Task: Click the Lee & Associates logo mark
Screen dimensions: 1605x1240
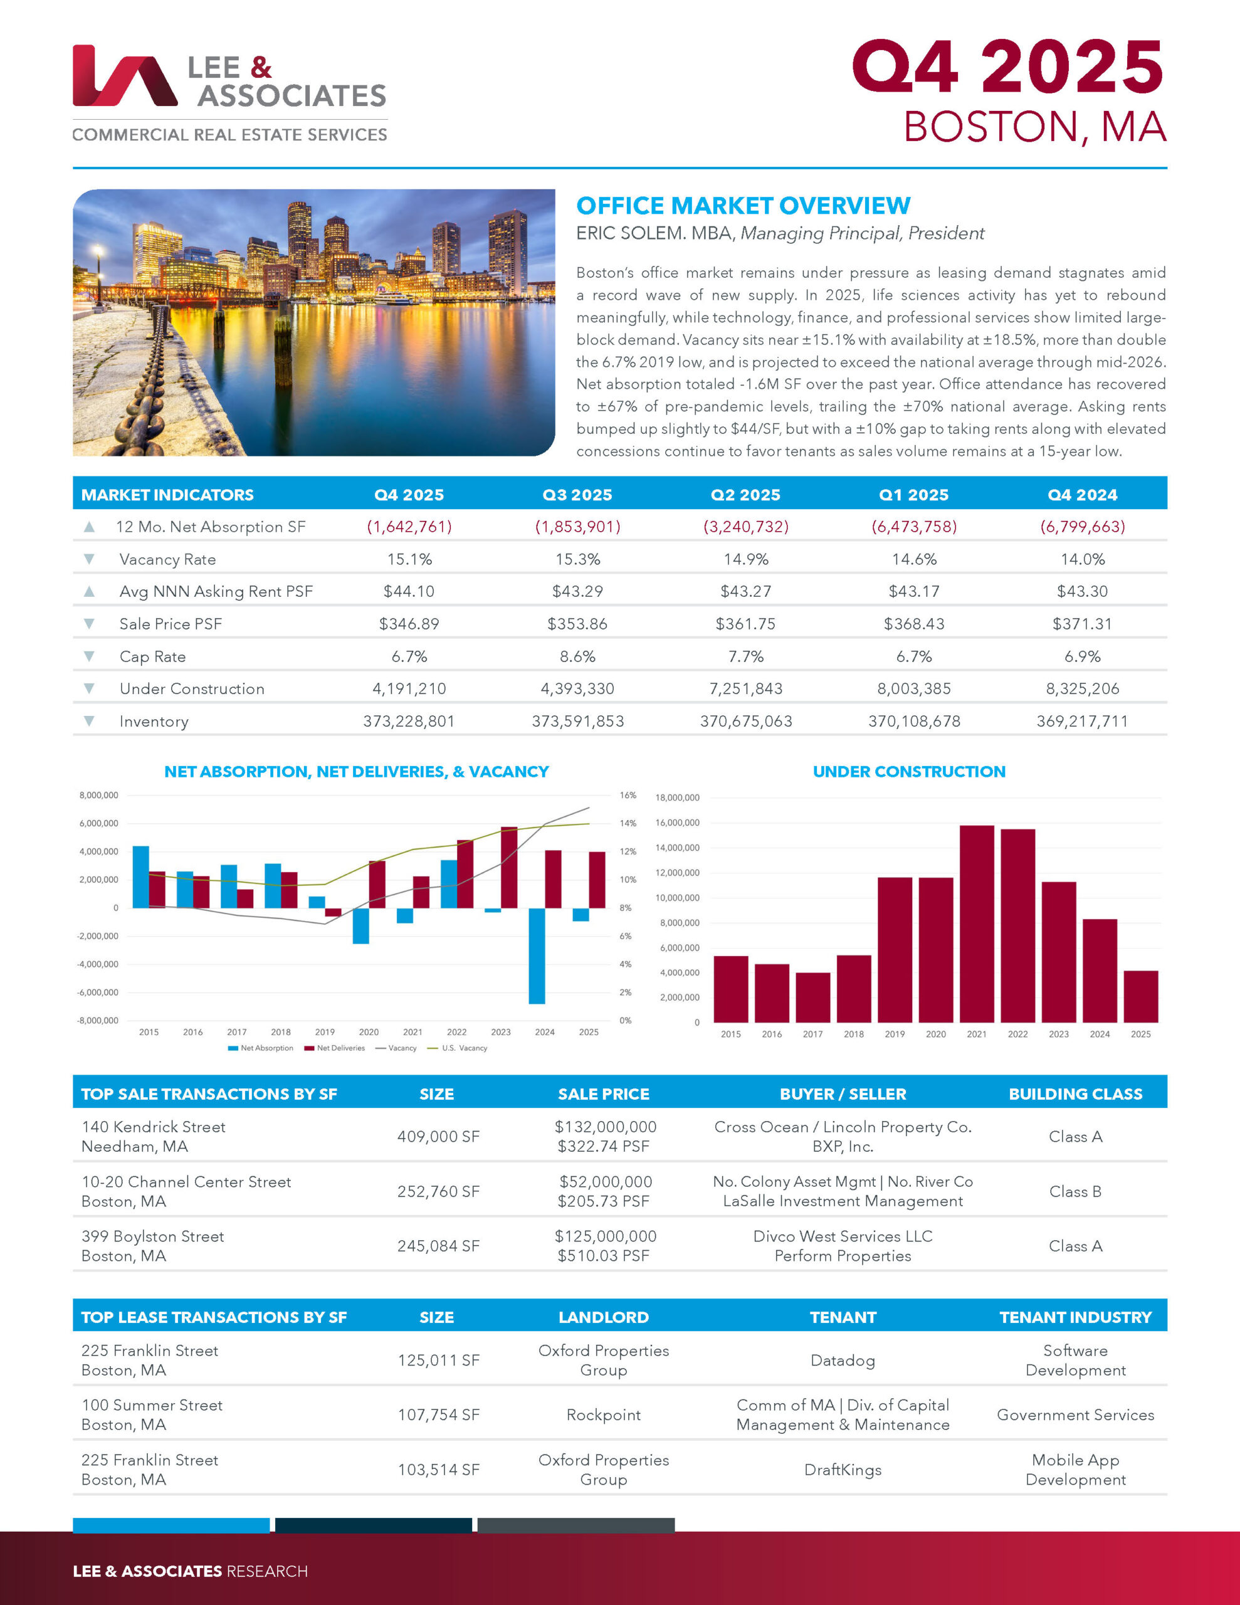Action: [123, 76]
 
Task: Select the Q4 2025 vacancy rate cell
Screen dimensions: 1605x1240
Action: [409, 559]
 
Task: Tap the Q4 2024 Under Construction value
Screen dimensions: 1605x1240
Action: [1082, 688]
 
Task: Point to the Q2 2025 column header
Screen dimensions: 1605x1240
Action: [745, 495]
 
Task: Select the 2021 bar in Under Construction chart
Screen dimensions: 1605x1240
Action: [976, 923]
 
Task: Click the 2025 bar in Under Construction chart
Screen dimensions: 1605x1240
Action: [1140, 996]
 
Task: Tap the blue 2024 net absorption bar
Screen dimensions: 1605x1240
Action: [537, 955]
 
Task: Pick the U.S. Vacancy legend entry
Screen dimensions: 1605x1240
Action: [464, 1048]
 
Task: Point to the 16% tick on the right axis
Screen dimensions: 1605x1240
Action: [627, 795]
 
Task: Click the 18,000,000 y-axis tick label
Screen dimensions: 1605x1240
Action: [677, 797]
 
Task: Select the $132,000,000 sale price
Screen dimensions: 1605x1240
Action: [605, 1127]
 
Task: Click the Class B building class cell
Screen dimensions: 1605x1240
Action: [1074, 1191]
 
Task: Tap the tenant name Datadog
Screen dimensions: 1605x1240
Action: [843, 1360]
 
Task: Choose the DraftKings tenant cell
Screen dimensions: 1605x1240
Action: [843, 1470]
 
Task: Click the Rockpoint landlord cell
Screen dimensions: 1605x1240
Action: [604, 1414]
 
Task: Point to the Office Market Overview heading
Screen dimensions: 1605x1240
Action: [742, 206]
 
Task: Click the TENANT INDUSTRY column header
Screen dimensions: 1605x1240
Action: [1074, 1317]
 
